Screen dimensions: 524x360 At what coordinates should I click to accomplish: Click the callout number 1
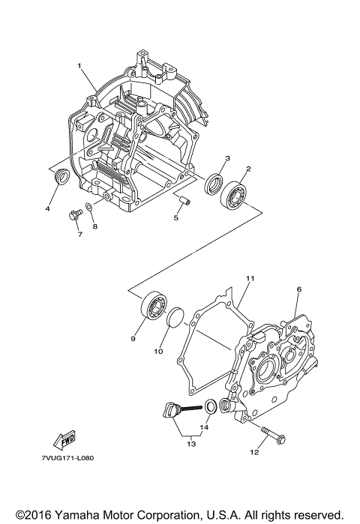[79, 67]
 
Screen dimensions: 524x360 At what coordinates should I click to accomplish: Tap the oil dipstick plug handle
[170, 412]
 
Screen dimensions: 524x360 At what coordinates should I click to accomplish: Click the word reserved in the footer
[316, 515]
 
